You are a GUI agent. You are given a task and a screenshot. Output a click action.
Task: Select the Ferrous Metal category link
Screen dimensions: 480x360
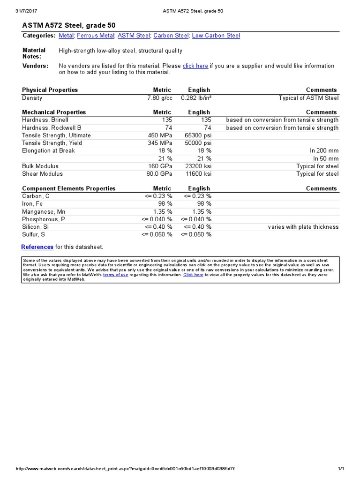coord(95,36)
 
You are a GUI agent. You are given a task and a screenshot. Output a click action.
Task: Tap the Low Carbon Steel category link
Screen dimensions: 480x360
coord(216,36)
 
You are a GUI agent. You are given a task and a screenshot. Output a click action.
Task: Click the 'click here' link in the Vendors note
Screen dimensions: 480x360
coord(195,66)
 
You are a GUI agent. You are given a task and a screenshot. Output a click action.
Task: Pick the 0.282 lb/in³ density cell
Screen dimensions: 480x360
coord(196,98)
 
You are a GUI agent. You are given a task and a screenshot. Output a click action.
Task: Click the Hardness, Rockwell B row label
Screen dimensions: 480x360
coord(52,128)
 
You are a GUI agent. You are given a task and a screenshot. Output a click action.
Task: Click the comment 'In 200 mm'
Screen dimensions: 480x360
coord(324,151)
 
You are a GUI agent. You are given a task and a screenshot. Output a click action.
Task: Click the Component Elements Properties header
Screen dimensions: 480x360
coord(68,188)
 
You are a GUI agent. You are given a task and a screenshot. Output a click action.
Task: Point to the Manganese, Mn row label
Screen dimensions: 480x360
coord(44,211)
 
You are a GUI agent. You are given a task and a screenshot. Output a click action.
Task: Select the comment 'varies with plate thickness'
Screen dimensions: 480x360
coord(303,227)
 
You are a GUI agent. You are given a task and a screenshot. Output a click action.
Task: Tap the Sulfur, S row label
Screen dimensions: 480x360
coord(33,234)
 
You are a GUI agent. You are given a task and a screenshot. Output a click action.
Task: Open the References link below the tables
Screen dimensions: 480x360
coord(37,247)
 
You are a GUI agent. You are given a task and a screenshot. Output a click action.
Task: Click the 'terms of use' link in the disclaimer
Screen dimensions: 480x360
coord(115,275)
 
